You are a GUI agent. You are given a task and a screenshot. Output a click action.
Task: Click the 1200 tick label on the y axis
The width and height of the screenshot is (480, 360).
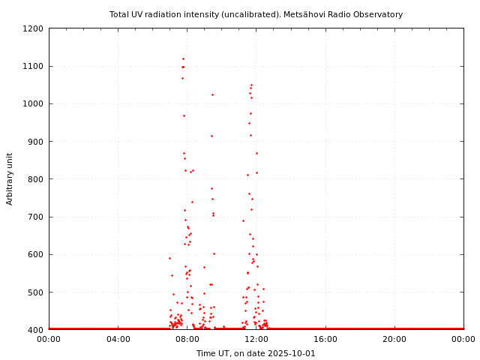pyautogui.click(x=33, y=28)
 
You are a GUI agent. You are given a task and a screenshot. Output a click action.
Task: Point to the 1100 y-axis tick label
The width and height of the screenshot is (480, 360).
pyautogui.click(x=33, y=66)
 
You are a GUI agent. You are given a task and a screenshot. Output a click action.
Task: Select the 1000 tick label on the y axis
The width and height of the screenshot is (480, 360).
pyautogui.click(x=33, y=103)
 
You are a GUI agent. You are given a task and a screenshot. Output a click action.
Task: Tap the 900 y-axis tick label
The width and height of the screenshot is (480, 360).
pyautogui.click(x=35, y=141)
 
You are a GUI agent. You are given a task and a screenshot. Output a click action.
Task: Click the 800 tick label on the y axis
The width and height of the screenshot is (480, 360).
pyautogui.click(x=35, y=179)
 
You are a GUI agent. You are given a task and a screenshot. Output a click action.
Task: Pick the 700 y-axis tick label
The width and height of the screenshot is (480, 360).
pyautogui.click(x=35, y=217)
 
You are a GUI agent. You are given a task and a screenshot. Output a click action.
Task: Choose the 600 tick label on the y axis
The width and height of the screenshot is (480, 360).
pyautogui.click(x=35, y=254)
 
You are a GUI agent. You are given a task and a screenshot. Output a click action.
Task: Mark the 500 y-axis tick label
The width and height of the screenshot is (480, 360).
pyautogui.click(x=35, y=292)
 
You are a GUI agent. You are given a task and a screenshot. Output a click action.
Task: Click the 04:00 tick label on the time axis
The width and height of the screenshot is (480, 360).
pyautogui.click(x=118, y=339)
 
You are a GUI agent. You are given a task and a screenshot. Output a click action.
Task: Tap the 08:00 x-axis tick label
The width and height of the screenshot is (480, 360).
pyautogui.click(x=187, y=339)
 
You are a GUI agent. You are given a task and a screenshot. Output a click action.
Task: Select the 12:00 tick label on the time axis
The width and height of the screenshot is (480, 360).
pyautogui.click(x=256, y=339)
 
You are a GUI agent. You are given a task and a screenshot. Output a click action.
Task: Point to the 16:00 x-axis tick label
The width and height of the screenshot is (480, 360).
pyautogui.click(x=325, y=339)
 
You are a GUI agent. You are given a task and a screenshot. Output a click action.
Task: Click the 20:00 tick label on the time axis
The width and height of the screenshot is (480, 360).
pyautogui.click(x=394, y=339)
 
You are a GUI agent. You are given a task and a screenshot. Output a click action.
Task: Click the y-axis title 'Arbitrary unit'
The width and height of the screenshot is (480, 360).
pyautogui.click(x=10, y=178)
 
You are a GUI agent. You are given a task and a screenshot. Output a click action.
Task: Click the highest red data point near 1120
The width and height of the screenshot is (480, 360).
pyautogui.click(x=183, y=58)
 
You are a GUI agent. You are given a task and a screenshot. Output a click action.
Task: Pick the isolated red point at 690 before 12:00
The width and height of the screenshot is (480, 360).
pyautogui.click(x=243, y=220)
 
